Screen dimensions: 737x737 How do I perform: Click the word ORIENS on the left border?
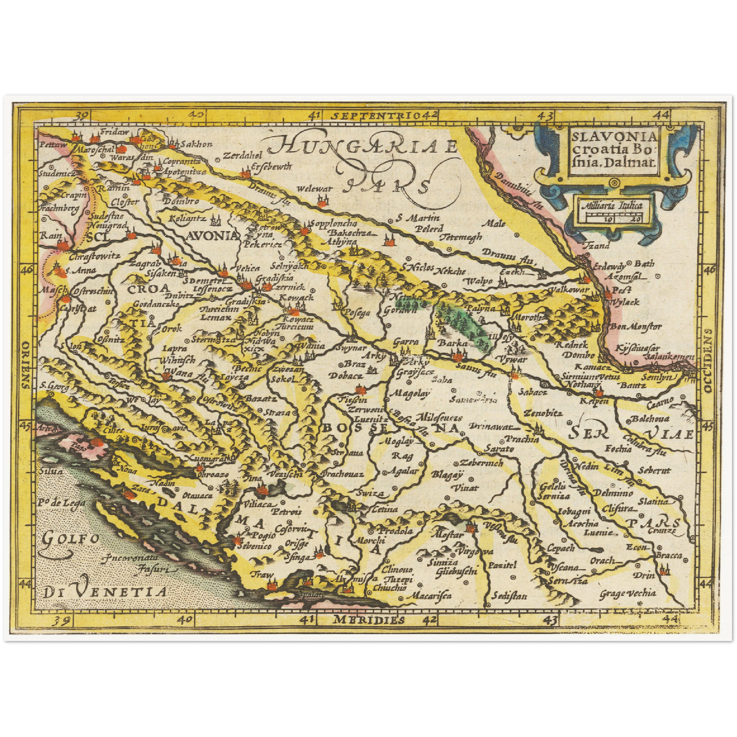point(25,365)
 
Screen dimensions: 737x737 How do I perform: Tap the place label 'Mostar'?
point(447,535)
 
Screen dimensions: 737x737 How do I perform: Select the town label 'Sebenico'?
point(253,546)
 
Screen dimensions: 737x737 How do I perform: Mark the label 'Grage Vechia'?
point(627,593)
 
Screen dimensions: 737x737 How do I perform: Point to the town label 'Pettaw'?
point(53,145)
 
